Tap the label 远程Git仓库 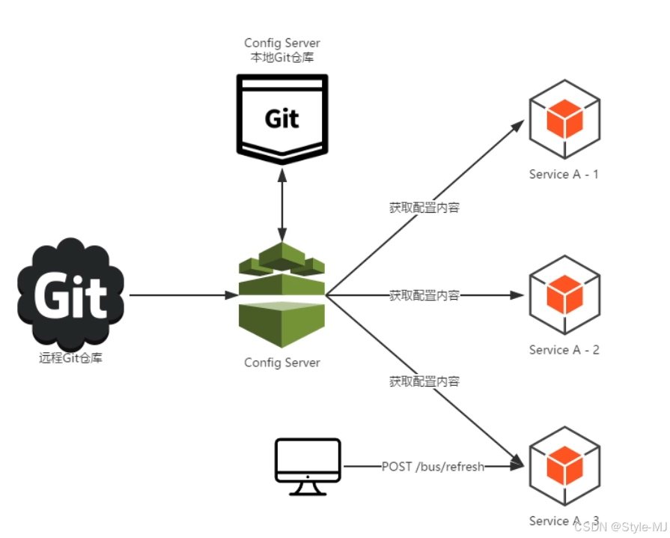pos(70,358)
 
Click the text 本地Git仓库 pos(282,58)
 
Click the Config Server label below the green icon pos(282,363)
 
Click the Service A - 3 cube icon pos(564,465)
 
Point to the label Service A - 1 pos(564,175)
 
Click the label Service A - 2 pos(564,350)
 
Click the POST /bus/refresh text pos(433,466)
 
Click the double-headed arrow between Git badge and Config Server pos(282,202)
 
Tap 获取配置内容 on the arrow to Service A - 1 pos(424,208)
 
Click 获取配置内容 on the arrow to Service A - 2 pos(424,295)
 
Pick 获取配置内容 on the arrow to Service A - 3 pos(424,381)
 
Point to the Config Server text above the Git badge pos(282,43)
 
